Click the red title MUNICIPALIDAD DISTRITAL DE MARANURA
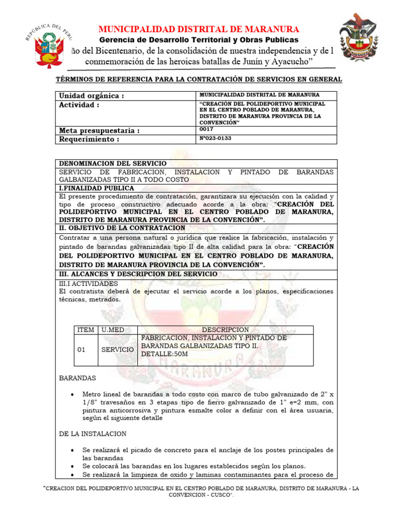[x=198, y=29]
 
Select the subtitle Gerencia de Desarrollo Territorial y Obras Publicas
[x=198, y=40]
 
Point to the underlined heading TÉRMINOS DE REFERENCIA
[x=198, y=79]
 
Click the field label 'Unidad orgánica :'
[x=91, y=96]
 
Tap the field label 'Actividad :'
[x=79, y=105]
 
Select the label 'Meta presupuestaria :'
[x=99, y=131]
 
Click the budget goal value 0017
[x=206, y=129]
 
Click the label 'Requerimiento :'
[x=89, y=139]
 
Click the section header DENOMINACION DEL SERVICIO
[x=112, y=163]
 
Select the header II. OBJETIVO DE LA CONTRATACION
[x=122, y=228]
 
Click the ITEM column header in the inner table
[x=86, y=330]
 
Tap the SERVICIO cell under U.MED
[x=117, y=350]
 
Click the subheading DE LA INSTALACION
[x=92, y=434]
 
